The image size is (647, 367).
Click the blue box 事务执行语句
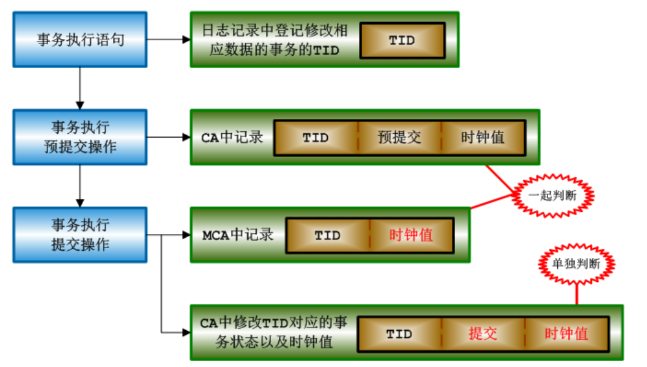(x=80, y=39)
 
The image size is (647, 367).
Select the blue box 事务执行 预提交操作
(x=80, y=136)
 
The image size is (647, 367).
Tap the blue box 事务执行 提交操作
(x=80, y=234)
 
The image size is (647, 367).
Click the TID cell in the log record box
(x=402, y=40)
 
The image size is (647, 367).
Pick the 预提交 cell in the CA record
(x=399, y=138)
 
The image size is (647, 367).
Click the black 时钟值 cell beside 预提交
(x=482, y=138)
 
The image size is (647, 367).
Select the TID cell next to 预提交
(x=315, y=138)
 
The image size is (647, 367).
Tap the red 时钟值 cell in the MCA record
(x=411, y=235)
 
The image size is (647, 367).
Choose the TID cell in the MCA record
(x=328, y=235)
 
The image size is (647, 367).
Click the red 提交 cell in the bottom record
(x=483, y=334)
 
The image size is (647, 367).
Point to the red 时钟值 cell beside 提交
(x=566, y=334)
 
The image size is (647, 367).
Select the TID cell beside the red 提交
(x=399, y=334)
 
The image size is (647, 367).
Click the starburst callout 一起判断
(x=552, y=195)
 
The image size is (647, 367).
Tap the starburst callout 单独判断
(x=577, y=264)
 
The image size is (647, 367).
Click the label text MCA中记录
(x=237, y=235)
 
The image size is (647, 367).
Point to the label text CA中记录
(x=231, y=138)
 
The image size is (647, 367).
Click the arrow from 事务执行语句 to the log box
(x=168, y=39)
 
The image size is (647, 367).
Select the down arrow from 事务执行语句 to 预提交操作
(x=80, y=87)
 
